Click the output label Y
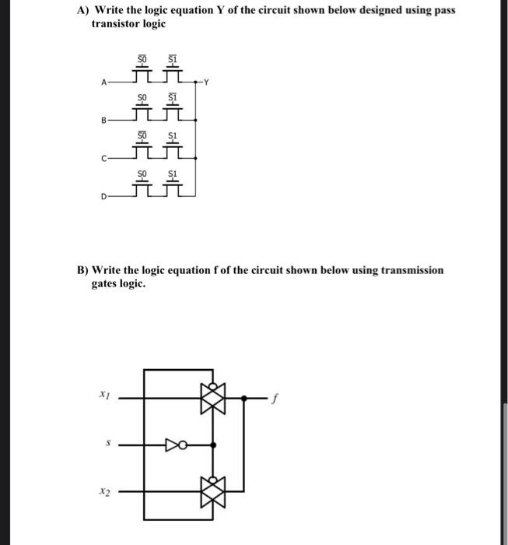[x=205, y=82]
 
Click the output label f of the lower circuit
[x=273, y=399]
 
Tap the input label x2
[x=104, y=491]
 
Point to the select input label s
[x=107, y=445]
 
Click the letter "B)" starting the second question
[x=82, y=270]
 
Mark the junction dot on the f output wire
[x=244, y=398]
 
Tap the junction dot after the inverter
[x=214, y=445]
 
